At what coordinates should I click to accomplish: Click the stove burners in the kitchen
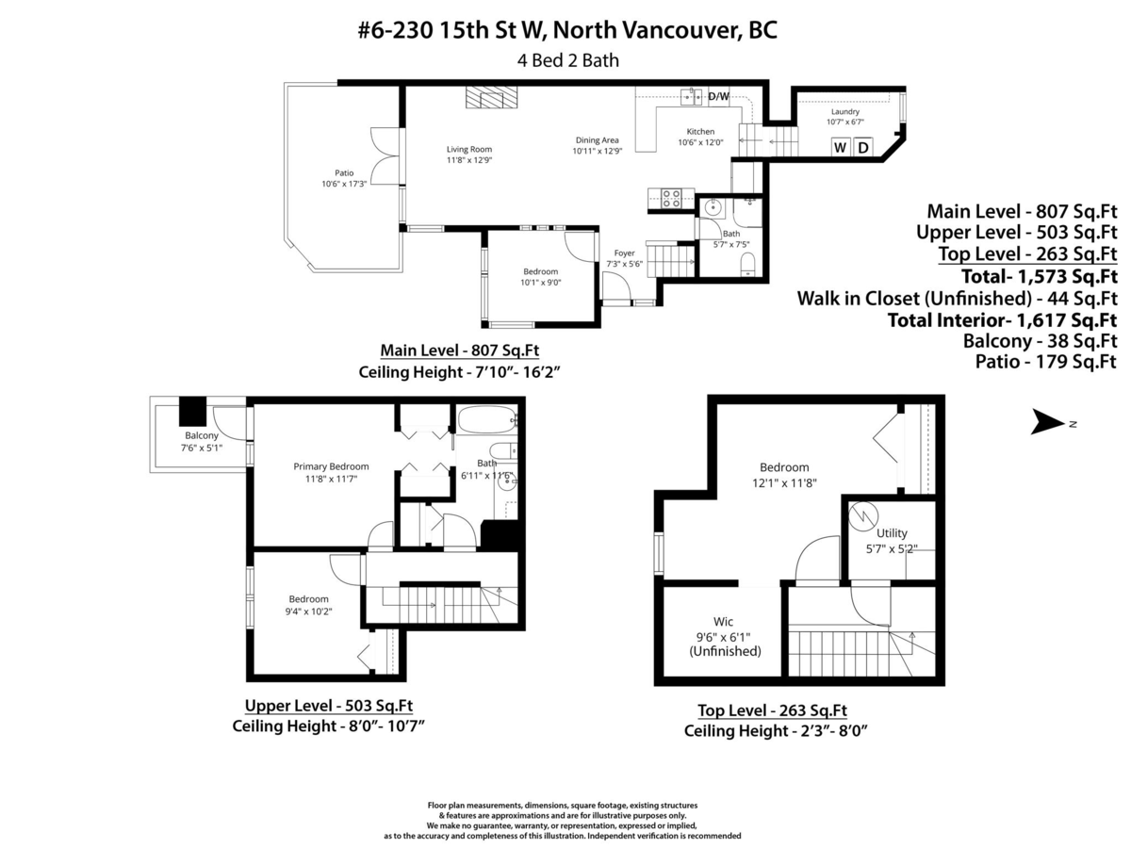pyautogui.click(x=670, y=198)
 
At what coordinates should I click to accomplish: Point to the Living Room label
pyautogui.click(x=468, y=149)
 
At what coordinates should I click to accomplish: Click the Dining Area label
pyautogui.click(x=598, y=139)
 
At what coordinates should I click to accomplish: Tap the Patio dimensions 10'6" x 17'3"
pyautogui.click(x=344, y=184)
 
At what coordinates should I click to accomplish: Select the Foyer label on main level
pyautogui.click(x=624, y=253)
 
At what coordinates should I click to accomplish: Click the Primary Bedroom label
pyautogui.click(x=331, y=466)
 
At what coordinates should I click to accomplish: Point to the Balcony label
pyautogui.click(x=202, y=435)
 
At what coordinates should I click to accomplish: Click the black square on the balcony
pyautogui.click(x=193, y=411)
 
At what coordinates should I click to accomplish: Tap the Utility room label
pyautogui.click(x=892, y=533)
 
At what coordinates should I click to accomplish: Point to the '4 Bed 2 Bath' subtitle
pyautogui.click(x=567, y=60)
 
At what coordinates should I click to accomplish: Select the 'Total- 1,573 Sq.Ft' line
pyautogui.click(x=1039, y=276)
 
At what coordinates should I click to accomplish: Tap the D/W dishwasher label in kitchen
pyautogui.click(x=718, y=96)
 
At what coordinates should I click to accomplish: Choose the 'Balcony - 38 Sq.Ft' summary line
pyautogui.click(x=1040, y=340)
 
